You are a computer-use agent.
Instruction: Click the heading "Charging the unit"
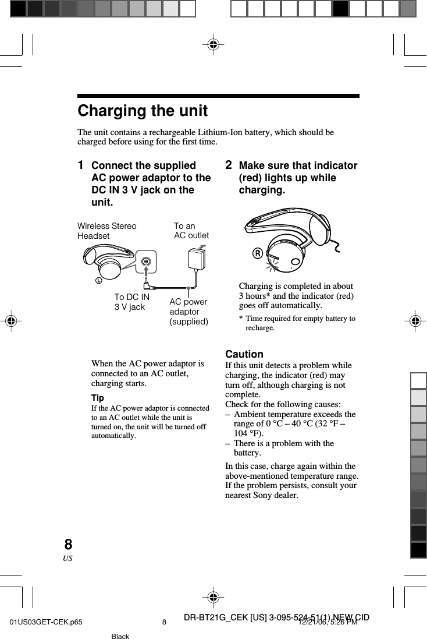coord(143,111)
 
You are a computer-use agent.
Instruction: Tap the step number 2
coord(229,165)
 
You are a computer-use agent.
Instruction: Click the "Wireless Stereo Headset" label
coord(107,231)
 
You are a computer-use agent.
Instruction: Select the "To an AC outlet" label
coord(191,231)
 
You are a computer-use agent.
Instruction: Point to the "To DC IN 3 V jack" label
coord(131,302)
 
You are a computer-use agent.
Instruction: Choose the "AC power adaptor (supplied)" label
coord(188,312)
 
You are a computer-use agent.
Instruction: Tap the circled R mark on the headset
coord(256,253)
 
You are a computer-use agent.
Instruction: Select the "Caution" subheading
coord(244,354)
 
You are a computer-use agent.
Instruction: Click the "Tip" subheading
coord(98,398)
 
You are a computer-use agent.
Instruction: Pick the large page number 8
coord(68,545)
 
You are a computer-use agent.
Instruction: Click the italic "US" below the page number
coord(68,559)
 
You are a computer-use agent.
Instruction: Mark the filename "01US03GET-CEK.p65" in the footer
coord(45,622)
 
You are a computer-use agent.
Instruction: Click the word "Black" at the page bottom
coord(120,636)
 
